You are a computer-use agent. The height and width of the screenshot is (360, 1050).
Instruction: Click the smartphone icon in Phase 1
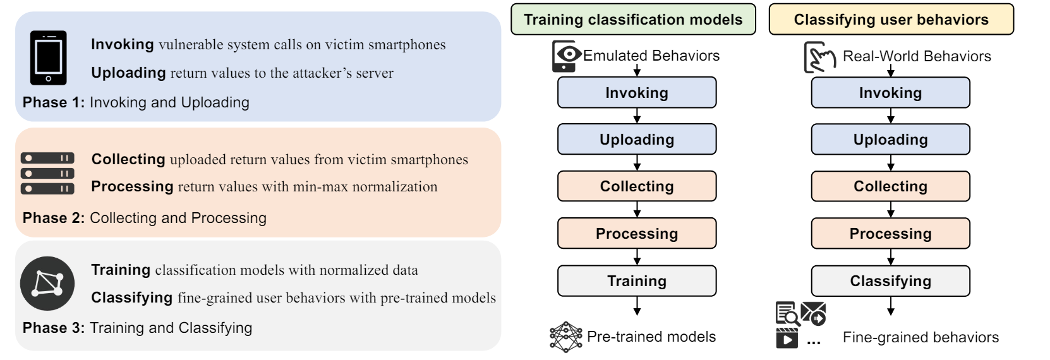point(48,57)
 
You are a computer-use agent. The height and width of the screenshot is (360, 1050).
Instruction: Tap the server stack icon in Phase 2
point(47,173)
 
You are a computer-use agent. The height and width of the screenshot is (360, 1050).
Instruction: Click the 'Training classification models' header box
point(632,20)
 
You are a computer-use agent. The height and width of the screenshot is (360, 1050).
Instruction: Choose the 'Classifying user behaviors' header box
point(891,20)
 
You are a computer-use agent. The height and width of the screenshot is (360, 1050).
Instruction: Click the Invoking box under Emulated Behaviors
point(637,93)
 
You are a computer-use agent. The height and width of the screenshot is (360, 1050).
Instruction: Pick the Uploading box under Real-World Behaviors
point(890,140)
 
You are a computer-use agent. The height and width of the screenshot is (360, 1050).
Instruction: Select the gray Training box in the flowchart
point(637,281)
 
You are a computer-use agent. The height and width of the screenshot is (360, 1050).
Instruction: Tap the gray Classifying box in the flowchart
point(890,281)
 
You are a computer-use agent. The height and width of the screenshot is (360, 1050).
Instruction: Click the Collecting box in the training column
point(637,186)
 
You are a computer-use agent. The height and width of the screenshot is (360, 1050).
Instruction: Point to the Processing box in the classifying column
point(890,234)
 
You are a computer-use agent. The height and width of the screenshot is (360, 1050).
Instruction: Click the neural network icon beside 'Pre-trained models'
point(565,337)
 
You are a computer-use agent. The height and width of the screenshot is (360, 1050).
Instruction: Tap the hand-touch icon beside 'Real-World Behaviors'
point(819,57)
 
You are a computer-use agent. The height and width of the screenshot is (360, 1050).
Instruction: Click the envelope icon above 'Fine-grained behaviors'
point(814,314)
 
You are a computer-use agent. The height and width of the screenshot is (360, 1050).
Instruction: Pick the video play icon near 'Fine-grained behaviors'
point(787,339)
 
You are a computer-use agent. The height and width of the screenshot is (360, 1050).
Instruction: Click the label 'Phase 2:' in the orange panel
point(54,219)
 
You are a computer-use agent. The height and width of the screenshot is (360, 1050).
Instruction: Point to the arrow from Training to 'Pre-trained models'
point(637,306)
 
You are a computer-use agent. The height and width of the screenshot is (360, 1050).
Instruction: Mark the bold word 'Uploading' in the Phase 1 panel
point(128,73)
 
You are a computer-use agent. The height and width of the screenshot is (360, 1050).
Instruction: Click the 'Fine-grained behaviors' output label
point(920,338)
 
